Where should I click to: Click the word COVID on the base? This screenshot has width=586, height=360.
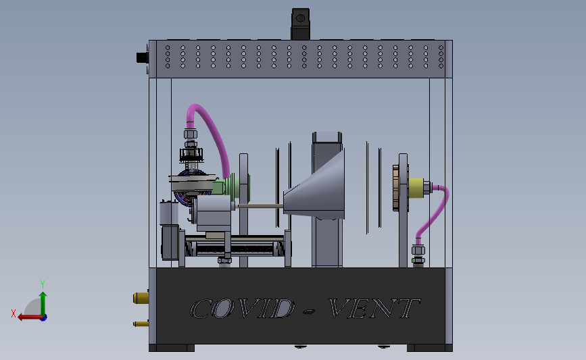[242, 309]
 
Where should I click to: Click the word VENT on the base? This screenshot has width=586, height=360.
[374, 309]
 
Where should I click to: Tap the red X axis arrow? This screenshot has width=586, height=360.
[30, 317]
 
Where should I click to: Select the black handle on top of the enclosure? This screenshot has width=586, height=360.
[301, 24]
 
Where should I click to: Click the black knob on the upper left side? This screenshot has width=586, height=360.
[143, 58]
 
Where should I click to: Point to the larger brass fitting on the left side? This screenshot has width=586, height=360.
[141, 298]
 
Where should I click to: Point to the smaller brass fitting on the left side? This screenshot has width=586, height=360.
[141, 324]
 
